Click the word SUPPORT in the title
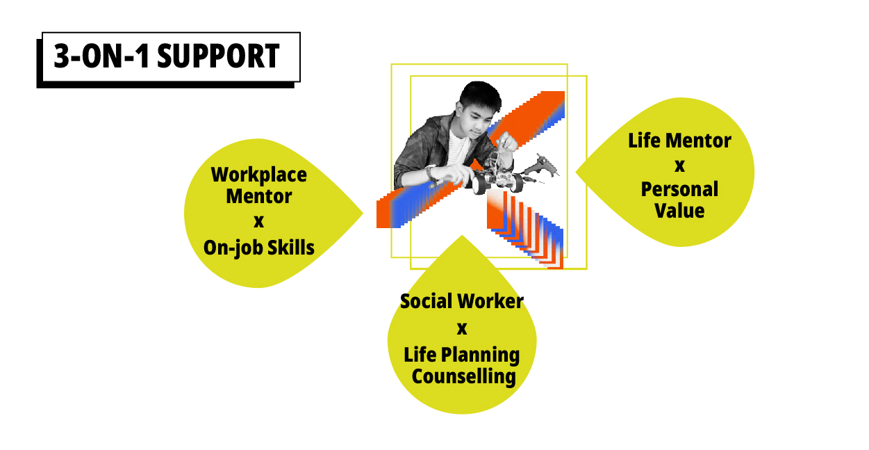tap(218, 56)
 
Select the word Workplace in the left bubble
tap(259, 175)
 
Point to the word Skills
tap(291, 247)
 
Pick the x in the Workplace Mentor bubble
tap(259, 222)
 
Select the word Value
tap(679, 211)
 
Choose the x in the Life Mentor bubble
tap(679, 166)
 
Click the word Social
tap(425, 301)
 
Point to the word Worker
tap(490, 301)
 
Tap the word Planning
tap(480, 356)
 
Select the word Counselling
tap(464, 377)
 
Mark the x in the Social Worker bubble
tap(462, 329)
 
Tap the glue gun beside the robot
tap(541, 167)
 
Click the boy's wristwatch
tap(431, 173)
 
